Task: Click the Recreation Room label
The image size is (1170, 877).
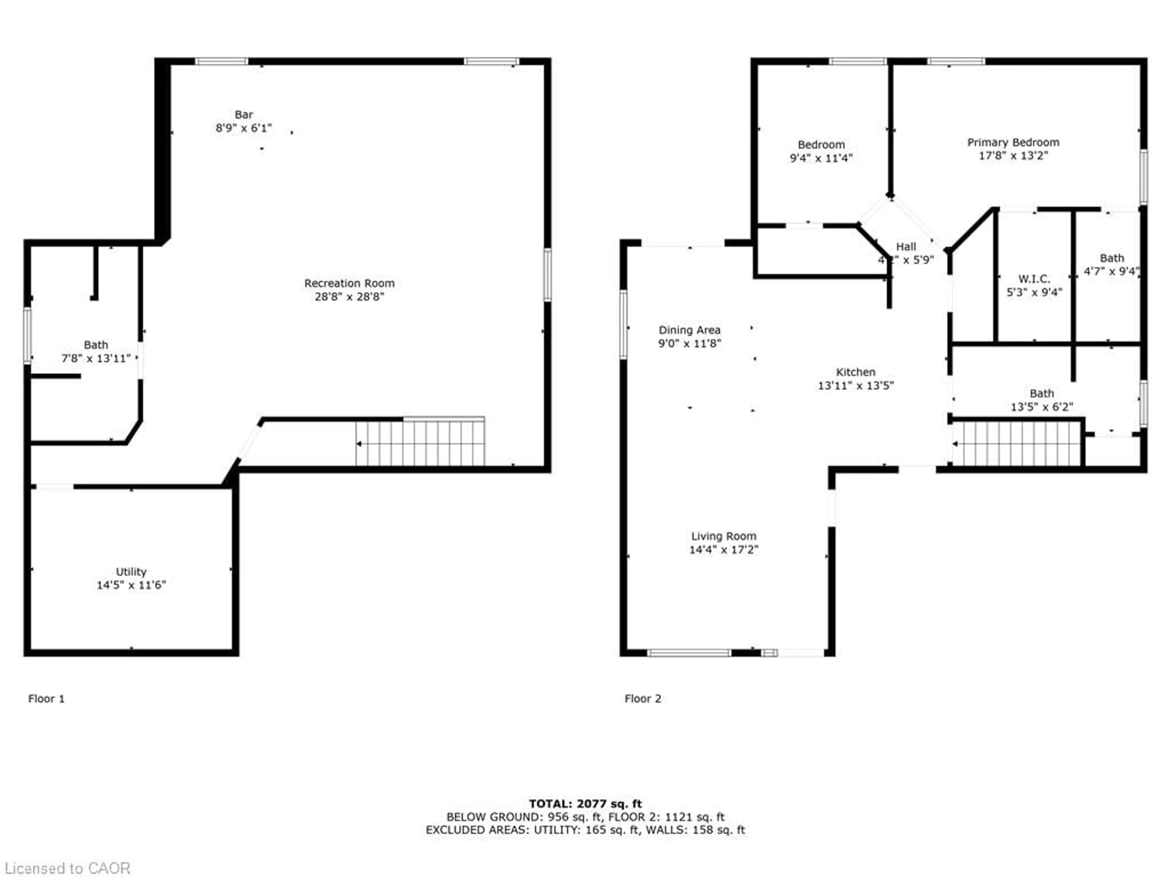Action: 349,283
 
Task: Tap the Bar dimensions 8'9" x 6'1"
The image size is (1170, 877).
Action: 243,128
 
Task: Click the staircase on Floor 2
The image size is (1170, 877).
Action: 1017,443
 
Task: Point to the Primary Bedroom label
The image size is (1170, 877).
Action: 1013,142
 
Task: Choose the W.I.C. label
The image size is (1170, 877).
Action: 1034,279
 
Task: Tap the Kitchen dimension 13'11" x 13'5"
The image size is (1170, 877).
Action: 855,386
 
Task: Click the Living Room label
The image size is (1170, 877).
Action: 724,536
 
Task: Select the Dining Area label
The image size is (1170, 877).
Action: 689,330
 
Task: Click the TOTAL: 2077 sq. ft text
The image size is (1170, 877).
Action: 585,804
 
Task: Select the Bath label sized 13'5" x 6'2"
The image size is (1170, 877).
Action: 1041,394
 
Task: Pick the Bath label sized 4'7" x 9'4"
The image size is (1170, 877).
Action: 1111,258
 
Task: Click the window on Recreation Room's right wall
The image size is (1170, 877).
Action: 548,275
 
